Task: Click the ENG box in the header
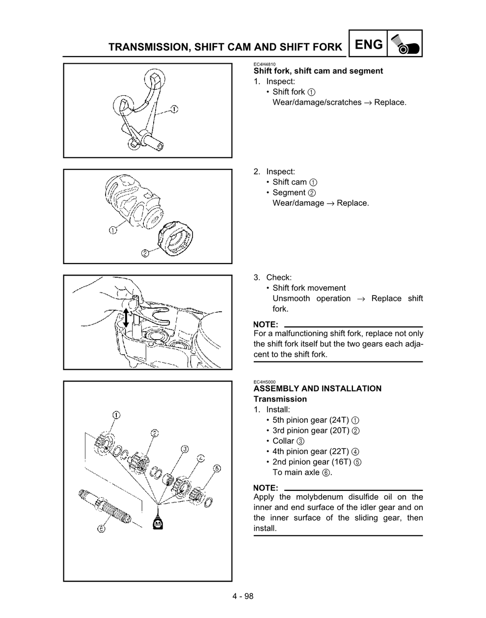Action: click(x=368, y=44)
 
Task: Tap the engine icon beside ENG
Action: click(x=405, y=44)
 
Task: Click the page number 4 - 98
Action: click(x=243, y=596)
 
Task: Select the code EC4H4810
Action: click(x=264, y=64)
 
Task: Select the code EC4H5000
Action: click(x=264, y=382)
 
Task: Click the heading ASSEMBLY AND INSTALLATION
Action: click(x=317, y=389)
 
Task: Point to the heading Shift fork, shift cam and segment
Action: click(x=318, y=71)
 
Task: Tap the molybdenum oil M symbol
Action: click(x=158, y=524)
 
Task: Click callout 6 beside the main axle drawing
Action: click(x=101, y=529)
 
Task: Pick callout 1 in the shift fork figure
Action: click(x=174, y=109)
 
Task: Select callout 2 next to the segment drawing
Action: click(x=145, y=253)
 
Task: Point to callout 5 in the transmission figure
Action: click(x=216, y=468)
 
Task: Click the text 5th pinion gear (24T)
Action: click(x=310, y=420)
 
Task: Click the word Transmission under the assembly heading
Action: click(x=280, y=399)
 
